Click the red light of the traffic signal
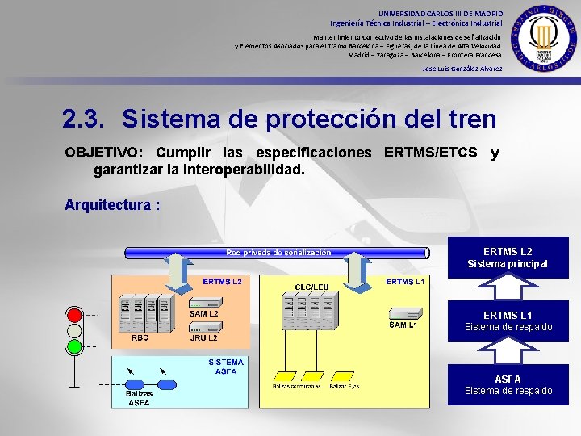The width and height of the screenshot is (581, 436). [x=75, y=313]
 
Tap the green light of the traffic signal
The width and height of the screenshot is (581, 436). [x=75, y=346]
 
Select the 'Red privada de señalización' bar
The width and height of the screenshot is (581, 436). [x=278, y=253]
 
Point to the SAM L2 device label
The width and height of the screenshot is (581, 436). [x=203, y=313]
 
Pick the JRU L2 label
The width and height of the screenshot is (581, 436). [x=203, y=338]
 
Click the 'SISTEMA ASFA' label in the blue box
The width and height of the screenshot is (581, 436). [x=226, y=367]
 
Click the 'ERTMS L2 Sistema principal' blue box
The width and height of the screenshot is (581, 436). [x=508, y=258]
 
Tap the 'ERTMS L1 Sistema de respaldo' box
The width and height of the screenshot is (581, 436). [x=508, y=321]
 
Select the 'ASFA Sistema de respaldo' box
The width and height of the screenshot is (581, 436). [x=508, y=384]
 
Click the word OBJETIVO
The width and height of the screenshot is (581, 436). [x=102, y=153]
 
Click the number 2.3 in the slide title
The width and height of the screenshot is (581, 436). [x=84, y=119]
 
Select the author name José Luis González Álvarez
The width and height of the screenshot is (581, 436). [x=462, y=69]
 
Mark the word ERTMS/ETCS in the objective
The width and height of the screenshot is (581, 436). [x=431, y=153]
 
